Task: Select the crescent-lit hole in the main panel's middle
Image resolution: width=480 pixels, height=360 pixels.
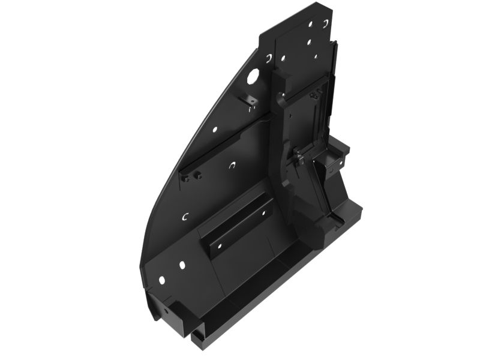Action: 232,165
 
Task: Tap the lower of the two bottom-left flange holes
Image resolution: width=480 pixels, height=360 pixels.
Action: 161,279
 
